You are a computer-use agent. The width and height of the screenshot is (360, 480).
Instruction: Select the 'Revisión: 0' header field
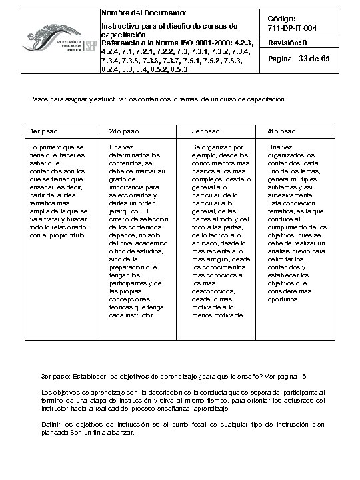287,43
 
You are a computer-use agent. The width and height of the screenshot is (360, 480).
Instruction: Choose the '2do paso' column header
123,130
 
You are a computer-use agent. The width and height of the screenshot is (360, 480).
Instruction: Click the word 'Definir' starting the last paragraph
53,424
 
